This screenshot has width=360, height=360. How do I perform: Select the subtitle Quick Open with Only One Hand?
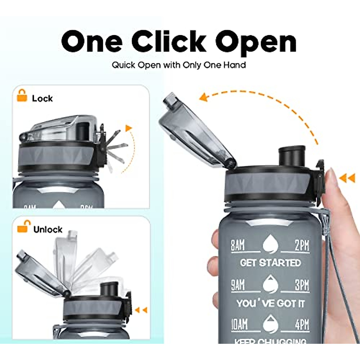179,65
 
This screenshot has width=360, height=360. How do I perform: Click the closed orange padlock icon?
22,95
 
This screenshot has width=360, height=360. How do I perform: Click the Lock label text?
42,98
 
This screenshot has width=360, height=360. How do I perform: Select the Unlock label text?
48,229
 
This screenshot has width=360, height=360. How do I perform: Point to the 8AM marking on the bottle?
238,245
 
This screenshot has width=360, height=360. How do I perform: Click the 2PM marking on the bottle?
301,245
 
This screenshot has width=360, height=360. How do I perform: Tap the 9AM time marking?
238,285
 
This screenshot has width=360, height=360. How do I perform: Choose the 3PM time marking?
301,285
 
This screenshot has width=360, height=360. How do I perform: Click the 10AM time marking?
239,325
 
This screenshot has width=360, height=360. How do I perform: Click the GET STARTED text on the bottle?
270,263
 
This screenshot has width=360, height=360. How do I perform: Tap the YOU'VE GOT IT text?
270,303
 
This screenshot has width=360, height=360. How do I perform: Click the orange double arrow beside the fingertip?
347,179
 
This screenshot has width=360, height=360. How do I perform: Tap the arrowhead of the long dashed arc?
204,97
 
